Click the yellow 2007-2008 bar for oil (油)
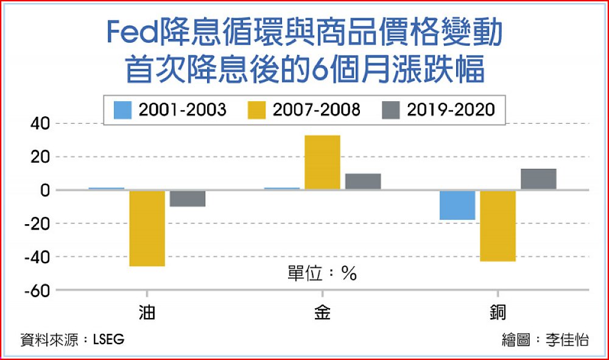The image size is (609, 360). point(147,228)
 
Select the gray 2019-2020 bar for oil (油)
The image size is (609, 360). point(188,199)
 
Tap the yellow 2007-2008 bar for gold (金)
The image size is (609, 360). point(322,163)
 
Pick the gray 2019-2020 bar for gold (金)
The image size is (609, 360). point(363,182)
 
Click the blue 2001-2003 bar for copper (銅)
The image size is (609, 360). point(457,205)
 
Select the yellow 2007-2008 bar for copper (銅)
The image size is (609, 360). point(498,226)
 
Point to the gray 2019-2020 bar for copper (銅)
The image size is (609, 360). point(538,179)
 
